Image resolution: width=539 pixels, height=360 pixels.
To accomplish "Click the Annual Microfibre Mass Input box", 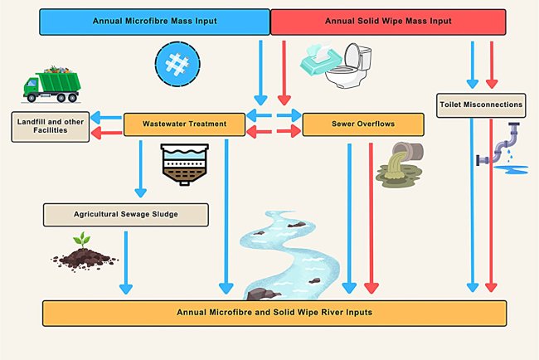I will click(x=155, y=21).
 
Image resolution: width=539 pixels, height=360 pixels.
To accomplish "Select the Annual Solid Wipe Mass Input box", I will click(x=387, y=21).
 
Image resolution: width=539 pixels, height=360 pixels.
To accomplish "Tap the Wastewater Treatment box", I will click(x=185, y=124).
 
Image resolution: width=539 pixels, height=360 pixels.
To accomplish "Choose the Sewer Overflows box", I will click(x=363, y=124).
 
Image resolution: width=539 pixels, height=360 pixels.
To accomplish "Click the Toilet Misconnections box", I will click(x=481, y=105).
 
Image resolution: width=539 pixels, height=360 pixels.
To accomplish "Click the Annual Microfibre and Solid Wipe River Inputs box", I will click(x=274, y=313).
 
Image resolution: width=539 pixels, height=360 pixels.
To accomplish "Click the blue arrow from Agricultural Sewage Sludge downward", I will click(x=126, y=261).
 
